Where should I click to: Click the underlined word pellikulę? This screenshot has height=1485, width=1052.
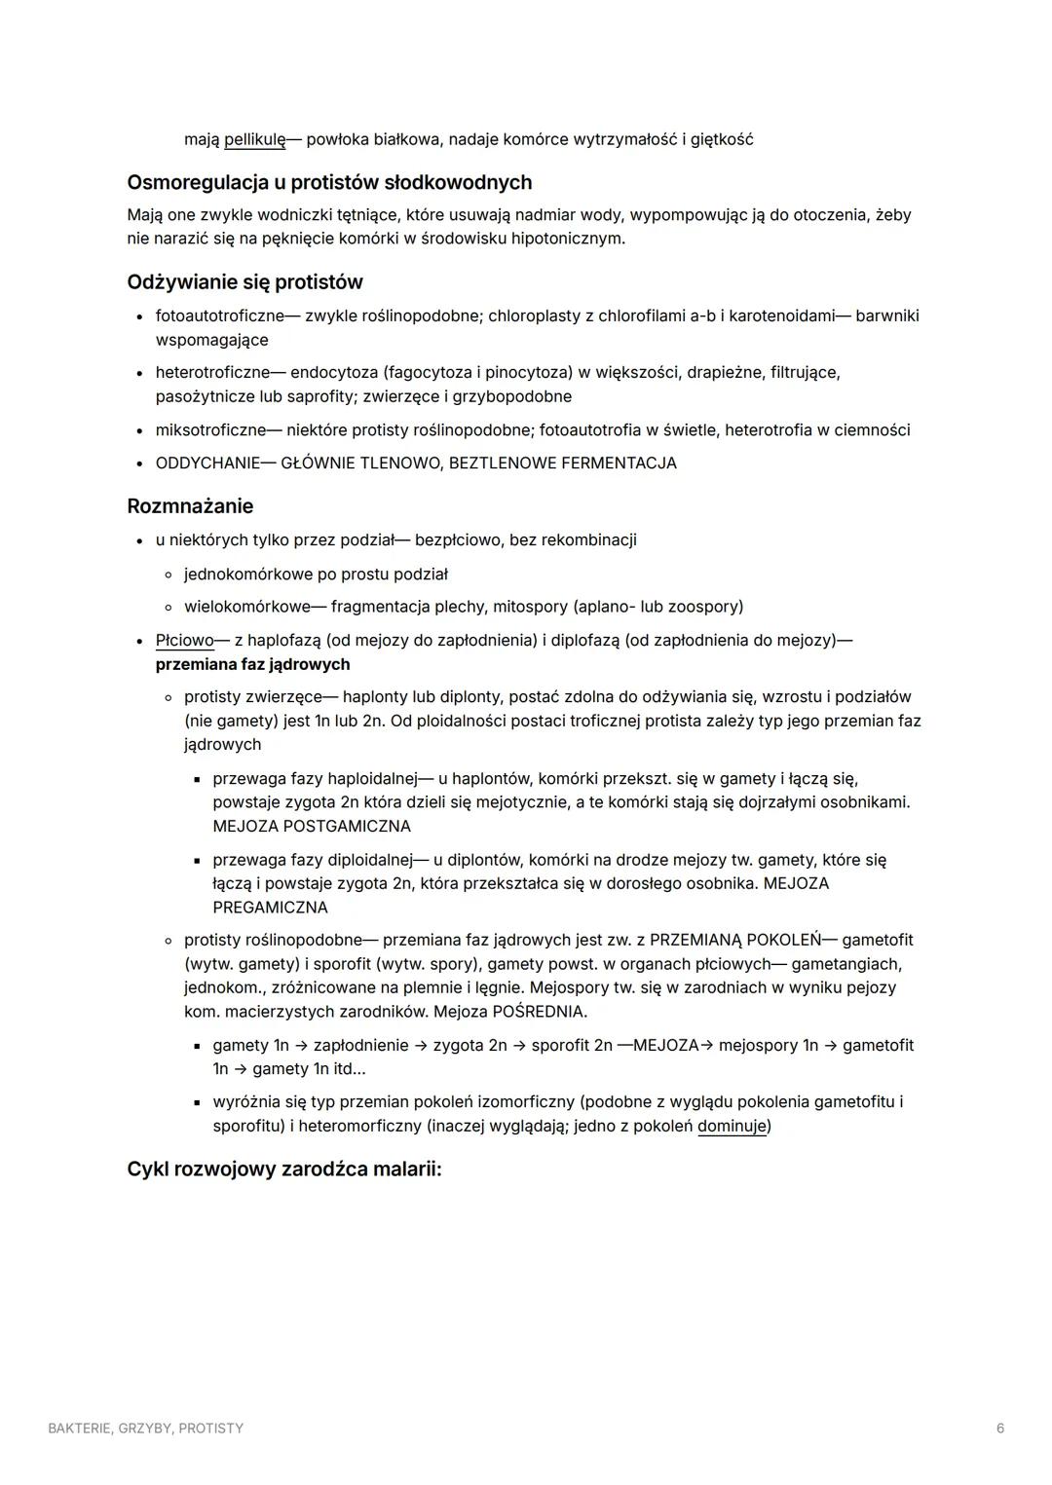point(254,139)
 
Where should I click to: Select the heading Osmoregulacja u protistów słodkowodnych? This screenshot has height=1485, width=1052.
point(329,182)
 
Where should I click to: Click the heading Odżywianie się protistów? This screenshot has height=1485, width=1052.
point(244,282)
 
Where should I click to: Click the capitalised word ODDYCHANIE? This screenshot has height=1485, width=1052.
point(207,464)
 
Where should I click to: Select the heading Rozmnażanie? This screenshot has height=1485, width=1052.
point(190,506)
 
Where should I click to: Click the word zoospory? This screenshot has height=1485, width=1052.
point(703,607)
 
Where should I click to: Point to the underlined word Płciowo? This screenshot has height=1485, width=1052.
point(184,641)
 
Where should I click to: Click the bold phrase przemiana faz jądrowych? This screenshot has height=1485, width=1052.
point(252,664)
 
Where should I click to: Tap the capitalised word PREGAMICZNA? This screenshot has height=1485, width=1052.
point(270,908)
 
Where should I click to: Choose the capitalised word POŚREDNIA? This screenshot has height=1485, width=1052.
point(538,1011)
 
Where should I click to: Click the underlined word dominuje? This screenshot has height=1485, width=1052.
point(732,1126)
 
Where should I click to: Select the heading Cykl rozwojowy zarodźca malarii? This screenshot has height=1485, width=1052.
point(283,1169)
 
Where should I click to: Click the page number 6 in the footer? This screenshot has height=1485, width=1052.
point(1000,1429)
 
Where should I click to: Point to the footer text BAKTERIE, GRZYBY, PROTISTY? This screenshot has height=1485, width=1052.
point(146,1429)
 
